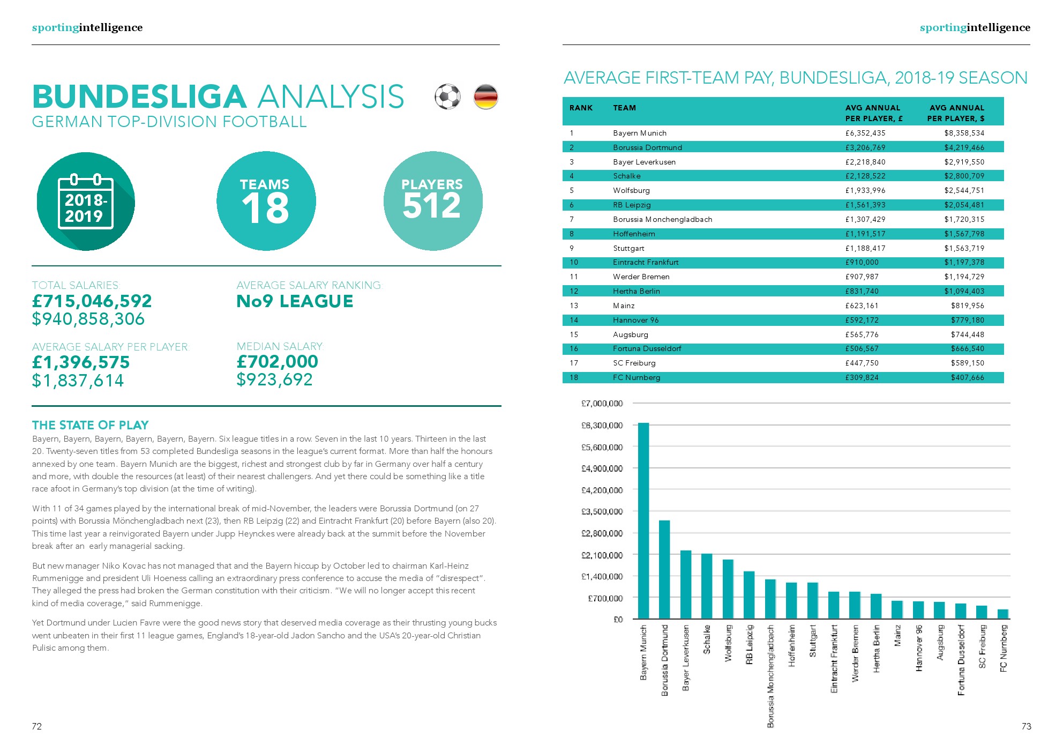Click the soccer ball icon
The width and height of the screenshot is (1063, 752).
(447, 97)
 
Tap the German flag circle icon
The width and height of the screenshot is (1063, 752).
(486, 97)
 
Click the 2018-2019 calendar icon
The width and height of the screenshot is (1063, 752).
(86, 202)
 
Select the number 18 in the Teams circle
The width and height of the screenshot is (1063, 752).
(266, 209)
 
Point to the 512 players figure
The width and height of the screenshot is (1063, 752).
(432, 206)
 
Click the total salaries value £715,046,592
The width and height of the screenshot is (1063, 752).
(92, 301)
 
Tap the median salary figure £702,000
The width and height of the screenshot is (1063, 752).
(278, 362)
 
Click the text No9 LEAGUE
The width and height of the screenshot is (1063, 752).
(295, 301)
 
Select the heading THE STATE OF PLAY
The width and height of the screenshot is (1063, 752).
(90, 425)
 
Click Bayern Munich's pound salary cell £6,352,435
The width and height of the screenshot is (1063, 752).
(865, 133)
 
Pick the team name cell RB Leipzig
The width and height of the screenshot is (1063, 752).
(632, 205)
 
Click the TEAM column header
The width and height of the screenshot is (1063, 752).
(624, 108)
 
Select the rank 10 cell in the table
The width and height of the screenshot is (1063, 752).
(574, 262)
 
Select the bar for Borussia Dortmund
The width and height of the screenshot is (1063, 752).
(664, 570)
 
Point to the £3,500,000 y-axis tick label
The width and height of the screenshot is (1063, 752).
(602, 511)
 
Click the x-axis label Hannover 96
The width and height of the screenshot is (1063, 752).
(919, 648)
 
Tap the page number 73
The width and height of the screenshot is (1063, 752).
(1026, 726)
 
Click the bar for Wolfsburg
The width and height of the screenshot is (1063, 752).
(728, 589)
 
